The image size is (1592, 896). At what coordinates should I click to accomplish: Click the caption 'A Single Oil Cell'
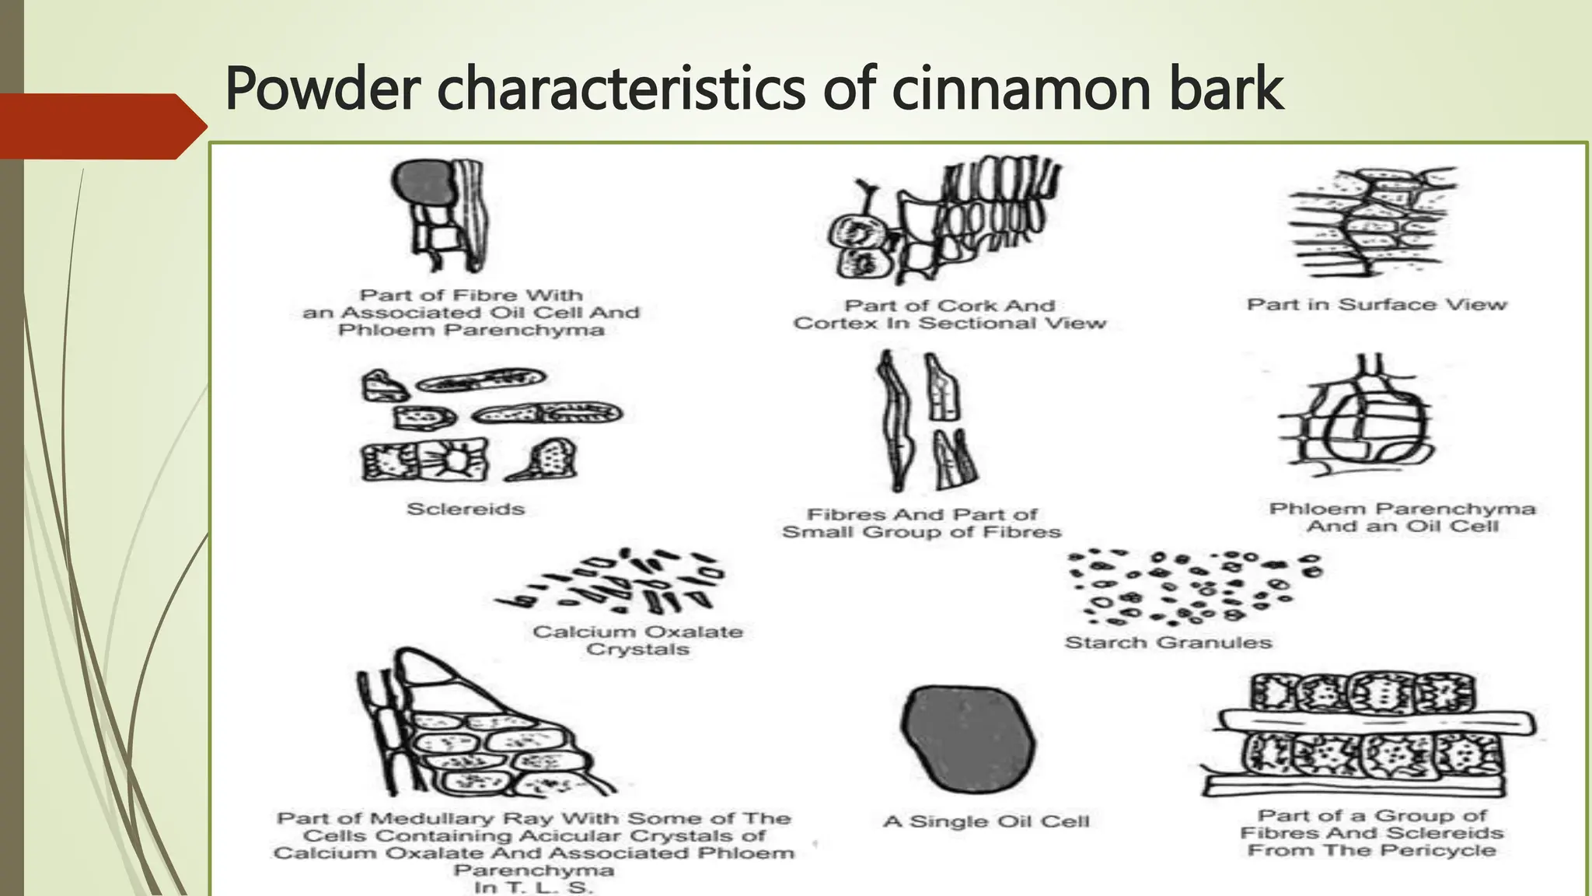[x=986, y=821]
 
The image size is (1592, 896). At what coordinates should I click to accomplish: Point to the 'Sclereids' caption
[x=466, y=509]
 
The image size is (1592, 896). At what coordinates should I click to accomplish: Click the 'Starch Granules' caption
[x=1168, y=642]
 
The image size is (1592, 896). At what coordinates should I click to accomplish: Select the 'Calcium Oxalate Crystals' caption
[x=637, y=640]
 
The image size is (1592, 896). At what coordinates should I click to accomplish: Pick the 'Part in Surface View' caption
[x=1377, y=304]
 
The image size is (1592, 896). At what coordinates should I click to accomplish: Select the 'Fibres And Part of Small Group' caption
[x=921, y=523]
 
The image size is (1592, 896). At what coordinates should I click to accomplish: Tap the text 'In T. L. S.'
[x=533, y=887]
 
